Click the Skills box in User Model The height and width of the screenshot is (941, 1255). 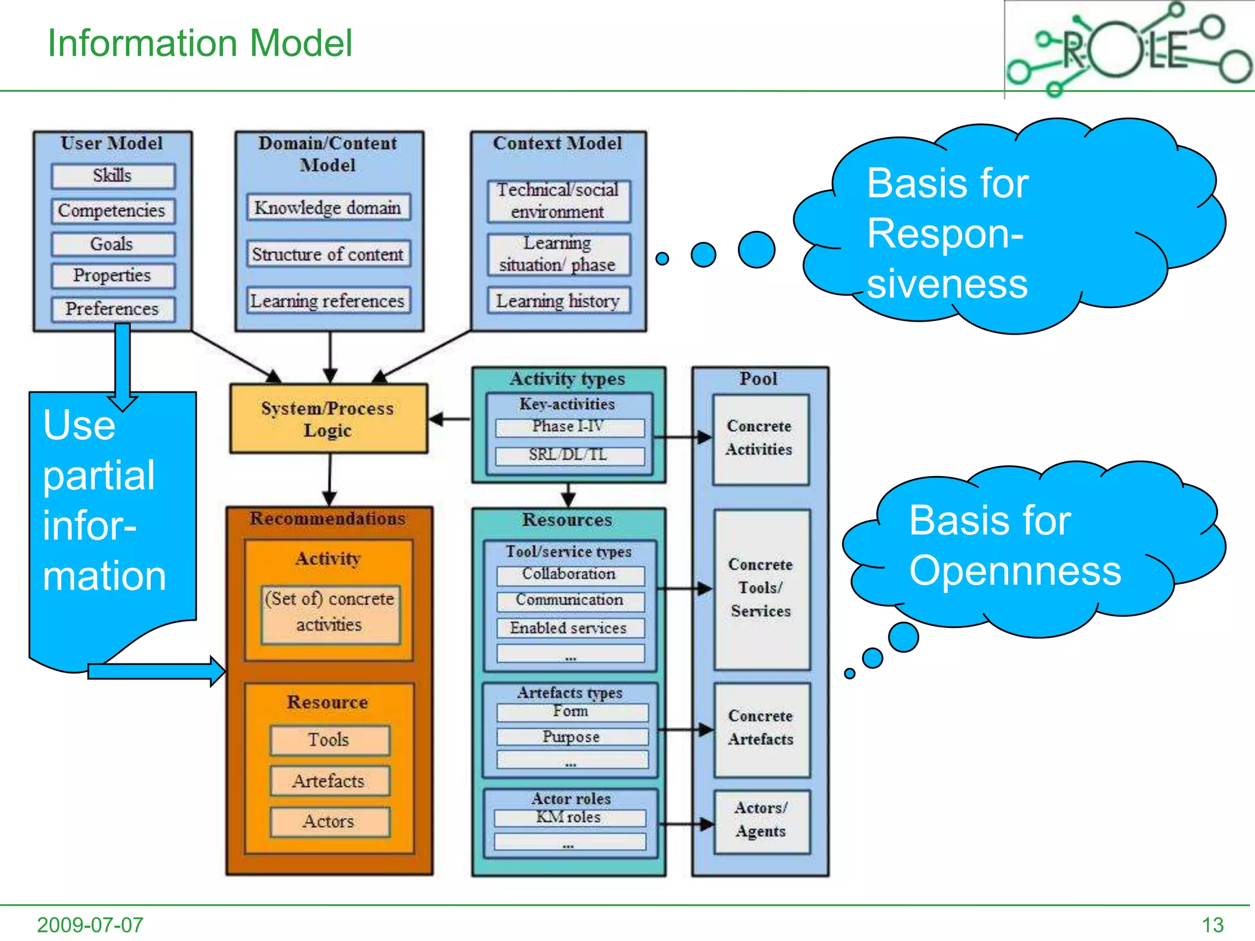coord(113,176)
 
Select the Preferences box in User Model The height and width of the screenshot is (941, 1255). coord(113,309)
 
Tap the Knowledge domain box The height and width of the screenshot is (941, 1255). coord(328,208)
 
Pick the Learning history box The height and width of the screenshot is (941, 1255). coord(558,301)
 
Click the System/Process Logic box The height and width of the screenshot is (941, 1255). coord(328,419)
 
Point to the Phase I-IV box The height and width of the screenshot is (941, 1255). coord(569,427)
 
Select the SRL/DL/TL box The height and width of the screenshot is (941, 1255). coord(569,455)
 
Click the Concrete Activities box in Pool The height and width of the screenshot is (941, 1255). coord(760,439)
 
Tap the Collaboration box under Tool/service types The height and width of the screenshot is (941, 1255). coord(570,575)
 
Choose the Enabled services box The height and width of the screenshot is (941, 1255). coord(570,628)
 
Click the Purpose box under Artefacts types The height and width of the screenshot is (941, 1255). coord(572,737)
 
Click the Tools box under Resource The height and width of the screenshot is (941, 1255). coord(329,740)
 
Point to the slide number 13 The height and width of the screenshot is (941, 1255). coord(1212,924)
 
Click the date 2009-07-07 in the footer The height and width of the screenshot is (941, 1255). coord(90,924)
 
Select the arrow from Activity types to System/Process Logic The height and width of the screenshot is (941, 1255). coord(450,419)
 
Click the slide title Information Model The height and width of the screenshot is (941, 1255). coord(200,43)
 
